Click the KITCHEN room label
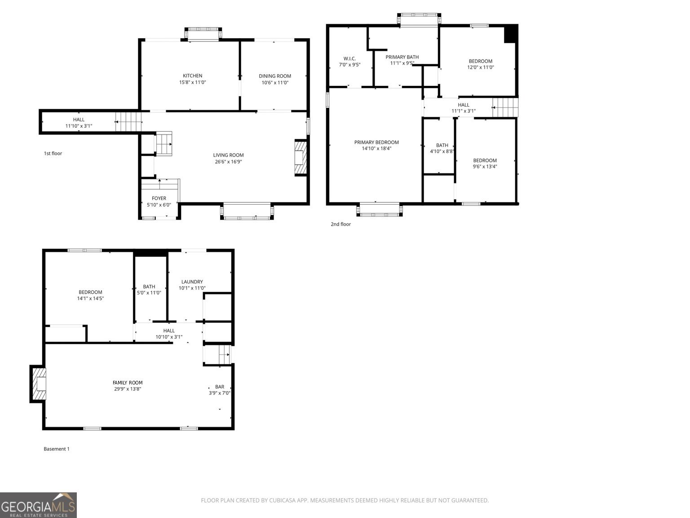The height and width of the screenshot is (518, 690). click(x=192, y=76)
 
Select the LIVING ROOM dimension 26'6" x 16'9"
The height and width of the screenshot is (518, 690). click(x=228, y=162)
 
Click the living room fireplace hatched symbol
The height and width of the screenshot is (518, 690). click(x=300, y=157)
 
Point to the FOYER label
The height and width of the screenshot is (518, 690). click(x=159, y=198)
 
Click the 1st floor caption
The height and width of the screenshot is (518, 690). click(x=53, y=153)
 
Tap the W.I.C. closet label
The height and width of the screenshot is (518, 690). click(x=349, y=59)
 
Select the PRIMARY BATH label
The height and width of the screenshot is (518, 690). click(x=402, y=57)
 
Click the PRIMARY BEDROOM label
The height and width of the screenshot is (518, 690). click(x=376, y=143)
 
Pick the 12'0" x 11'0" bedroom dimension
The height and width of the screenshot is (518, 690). click(x=481, y=67)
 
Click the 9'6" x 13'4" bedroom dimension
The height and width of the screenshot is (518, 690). click(x=485, y=166)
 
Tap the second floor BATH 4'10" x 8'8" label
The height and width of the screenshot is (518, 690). click(x=442, y=148)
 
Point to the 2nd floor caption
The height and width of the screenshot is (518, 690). click(x=341, y=224)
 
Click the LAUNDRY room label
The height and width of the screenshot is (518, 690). click(x=192, y=282)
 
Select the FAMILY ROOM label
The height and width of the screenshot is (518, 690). click(x=128, y=383)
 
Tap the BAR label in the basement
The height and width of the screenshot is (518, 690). click(x=220, y=387)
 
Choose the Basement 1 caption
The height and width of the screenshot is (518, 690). click(x=57, y=449)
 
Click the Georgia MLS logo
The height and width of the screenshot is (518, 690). click(x=38, y=505)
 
